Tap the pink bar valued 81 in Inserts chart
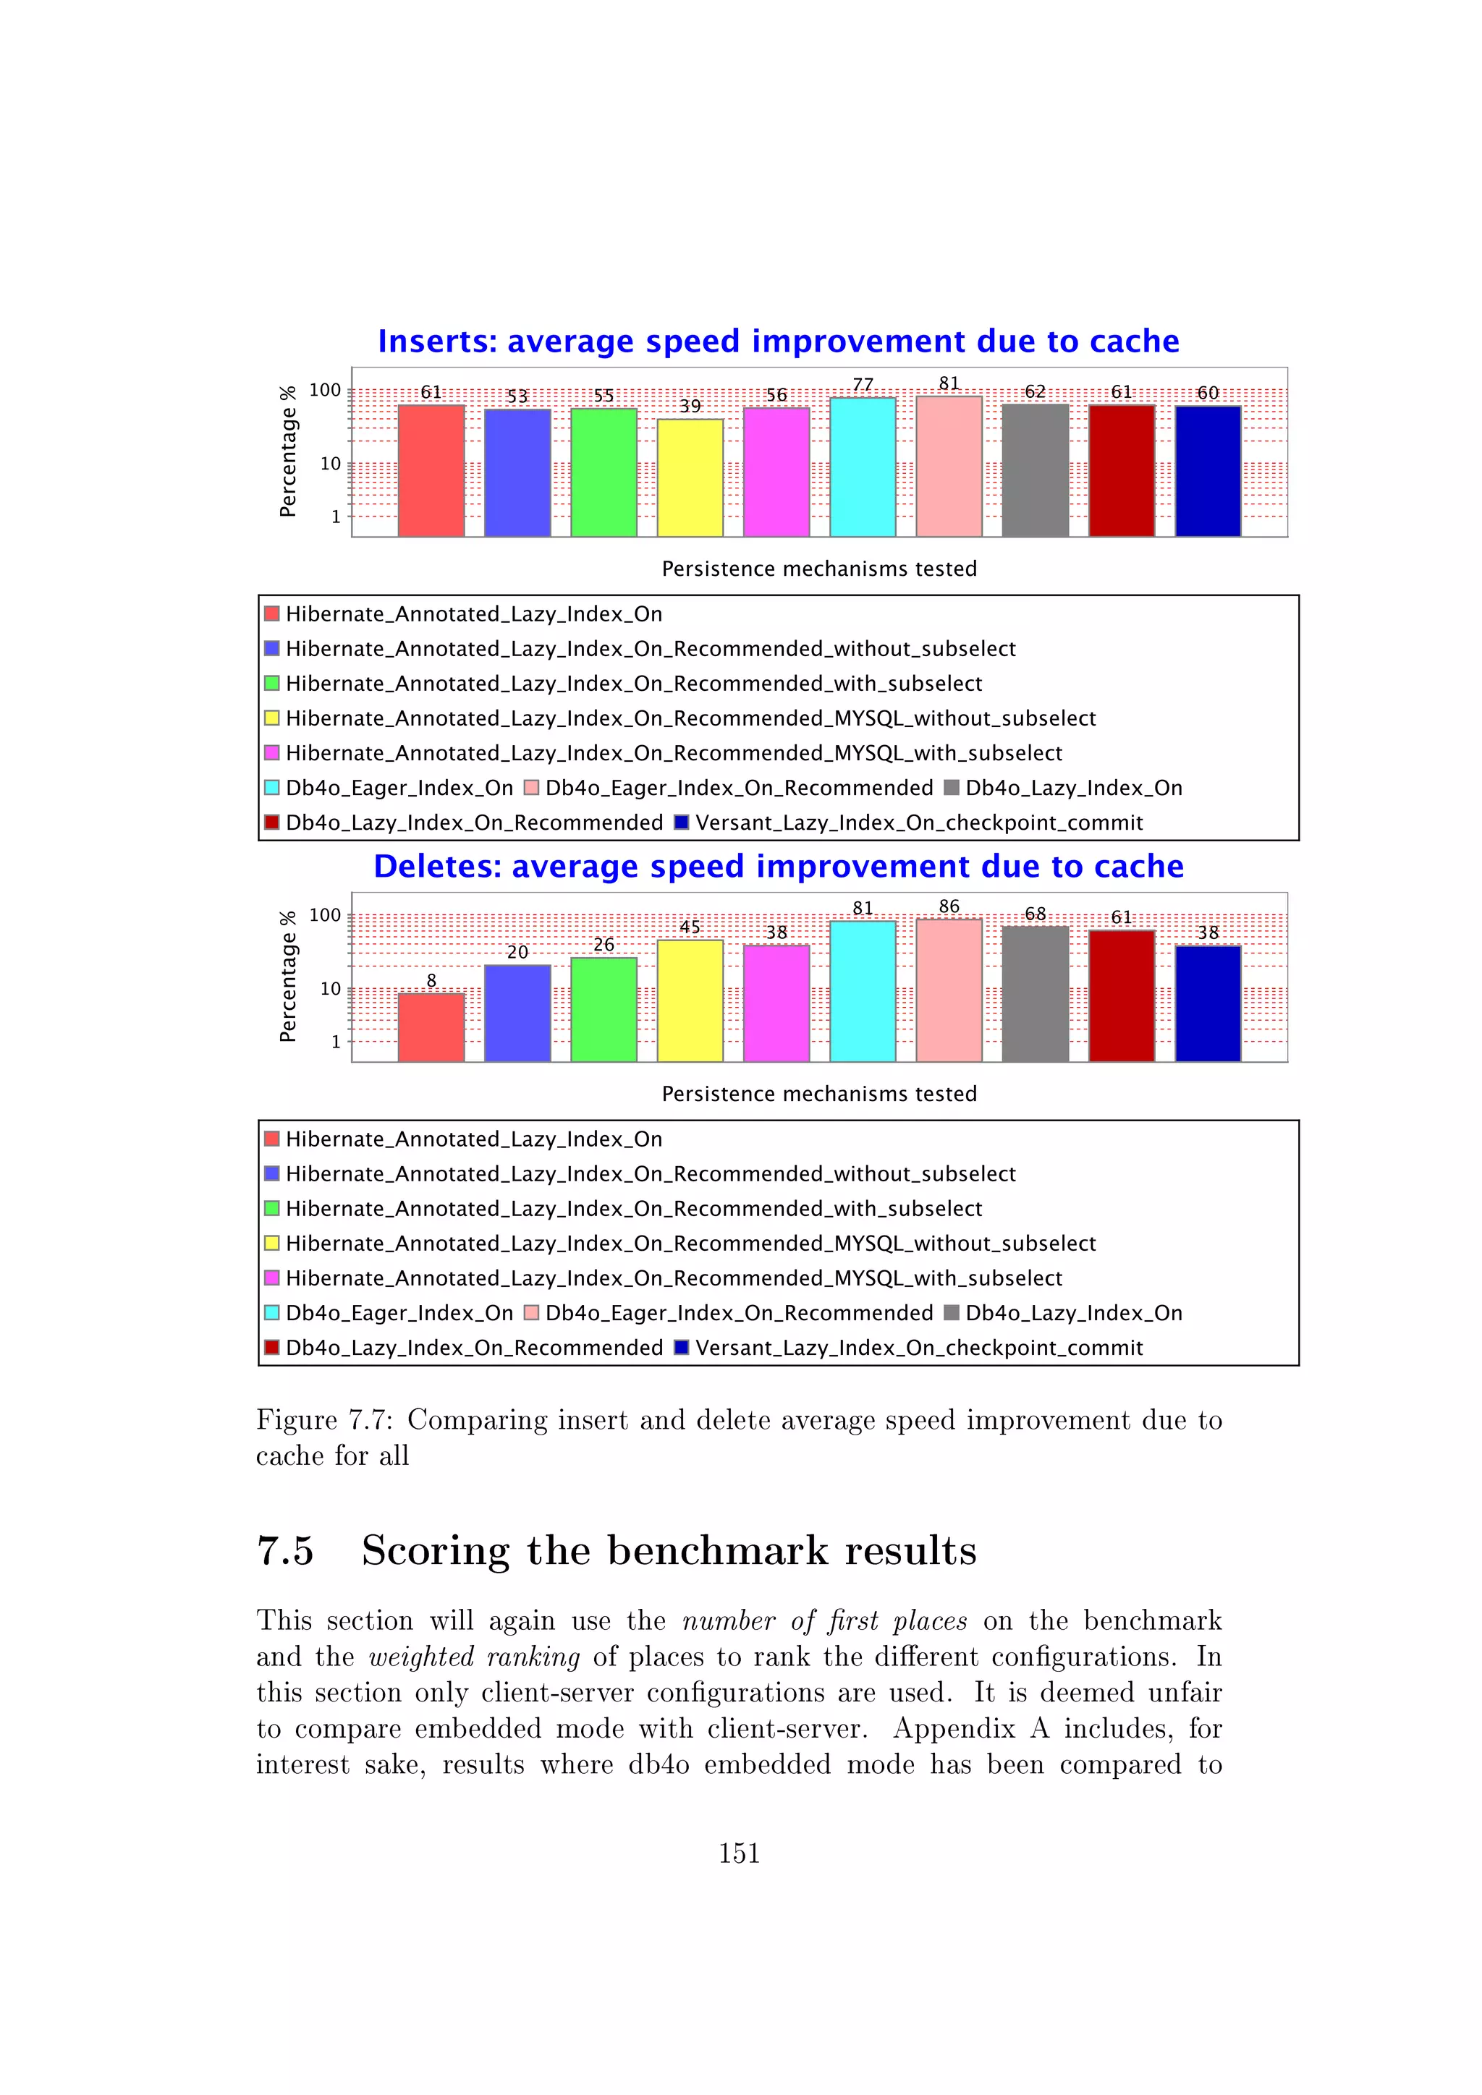(x=949, y=467)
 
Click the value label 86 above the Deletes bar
(x=949, y=906)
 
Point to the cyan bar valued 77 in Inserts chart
(x=863, y=467)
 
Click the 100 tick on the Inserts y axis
(x=325, y=391)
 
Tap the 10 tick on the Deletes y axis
(x=329, y=989)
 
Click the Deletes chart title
(x=779, y=866)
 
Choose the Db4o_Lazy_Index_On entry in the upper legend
(x=1073, y=789)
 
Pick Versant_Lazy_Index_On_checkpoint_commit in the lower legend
(x=918, y=1348)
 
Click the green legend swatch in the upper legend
(x=272, y=684)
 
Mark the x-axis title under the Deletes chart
(x=818, y=1094)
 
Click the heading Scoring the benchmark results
(x=668, y=1551)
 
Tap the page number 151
(x=739, y=1853)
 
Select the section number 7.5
(x=286, y=1551)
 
